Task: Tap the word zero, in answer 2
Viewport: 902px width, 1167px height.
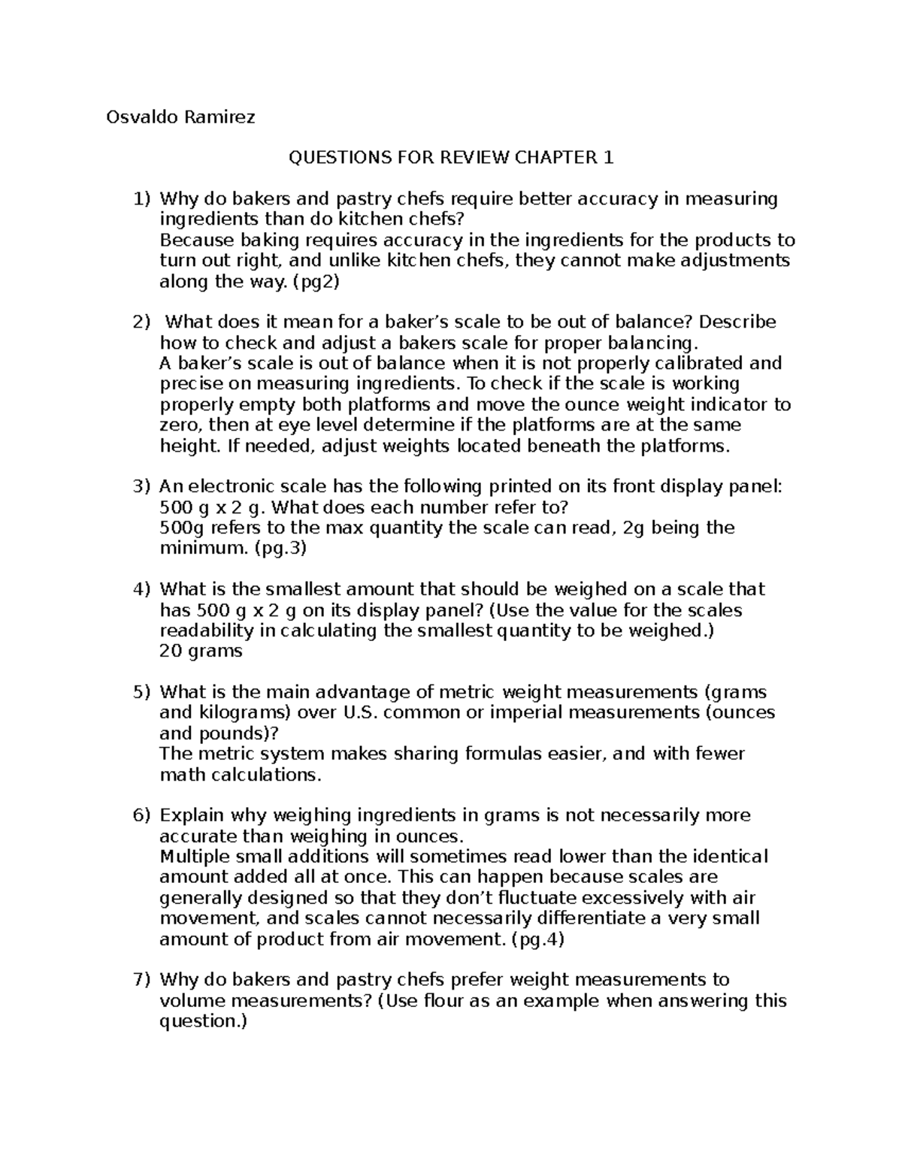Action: (x=181, y=425)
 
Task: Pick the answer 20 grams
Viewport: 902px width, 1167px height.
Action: (x=201, y=651)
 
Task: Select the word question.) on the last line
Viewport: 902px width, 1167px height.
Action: (x=203, y=1021)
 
